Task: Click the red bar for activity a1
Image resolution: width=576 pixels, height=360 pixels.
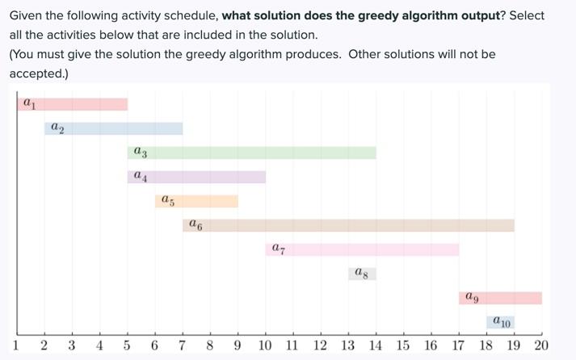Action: [x=73, y=104]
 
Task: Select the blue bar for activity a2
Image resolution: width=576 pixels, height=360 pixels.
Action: [x=114, y=128]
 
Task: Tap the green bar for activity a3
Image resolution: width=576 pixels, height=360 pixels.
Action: [x=251, y=153]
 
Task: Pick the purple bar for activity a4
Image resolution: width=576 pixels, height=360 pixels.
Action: [x=196, y=177]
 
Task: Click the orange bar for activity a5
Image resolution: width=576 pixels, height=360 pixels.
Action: [x=196, y=201]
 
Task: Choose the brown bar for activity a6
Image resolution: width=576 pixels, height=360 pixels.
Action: [x=348, y=225]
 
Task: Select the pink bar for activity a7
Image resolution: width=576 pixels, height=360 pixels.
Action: [x=362, y=249]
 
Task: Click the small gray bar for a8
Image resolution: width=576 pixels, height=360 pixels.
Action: [x=362, y=274]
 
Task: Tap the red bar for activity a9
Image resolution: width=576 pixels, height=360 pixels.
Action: [x=500, y=298]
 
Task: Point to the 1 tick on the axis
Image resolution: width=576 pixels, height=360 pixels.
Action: [x=17, y=345]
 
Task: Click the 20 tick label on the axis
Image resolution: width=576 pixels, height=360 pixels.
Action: [x=541, y=345]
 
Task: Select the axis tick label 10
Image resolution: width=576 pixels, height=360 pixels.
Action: [x=265, y=345]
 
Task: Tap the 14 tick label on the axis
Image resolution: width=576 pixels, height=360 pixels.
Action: [x=376, y=345]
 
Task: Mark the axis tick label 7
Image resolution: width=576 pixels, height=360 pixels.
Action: [x=183, y=345]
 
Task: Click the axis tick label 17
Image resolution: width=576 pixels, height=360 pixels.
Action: [x=458, y=345]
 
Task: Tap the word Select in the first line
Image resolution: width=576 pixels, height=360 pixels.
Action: [x=526, y=15]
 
